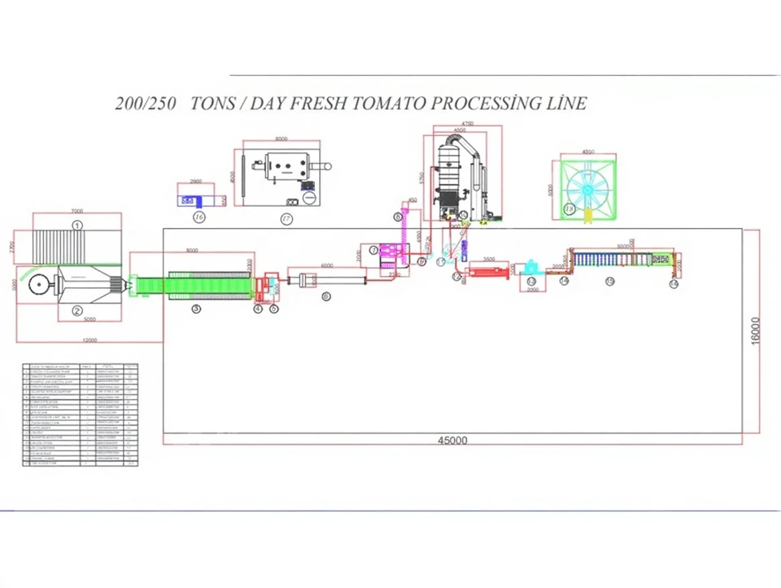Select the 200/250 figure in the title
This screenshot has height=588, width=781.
coord(146,104)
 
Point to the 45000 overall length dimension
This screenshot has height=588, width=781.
coord(453,440)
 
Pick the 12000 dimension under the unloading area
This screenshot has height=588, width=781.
coord(90,340)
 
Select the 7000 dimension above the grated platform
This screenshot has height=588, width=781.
coord(78,210)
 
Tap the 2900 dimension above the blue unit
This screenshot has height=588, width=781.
coord(196,181)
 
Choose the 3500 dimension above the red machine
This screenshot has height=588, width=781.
coord(489,259)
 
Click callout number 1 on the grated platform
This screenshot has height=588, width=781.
coord(78,225)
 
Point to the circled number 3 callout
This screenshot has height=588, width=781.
coord(196,309)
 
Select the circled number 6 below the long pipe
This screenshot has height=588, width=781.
coord(326,296)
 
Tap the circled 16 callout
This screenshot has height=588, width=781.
coord(199,216)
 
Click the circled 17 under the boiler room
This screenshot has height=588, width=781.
coord(287,218)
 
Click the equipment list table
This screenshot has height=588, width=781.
coord(80,414)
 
